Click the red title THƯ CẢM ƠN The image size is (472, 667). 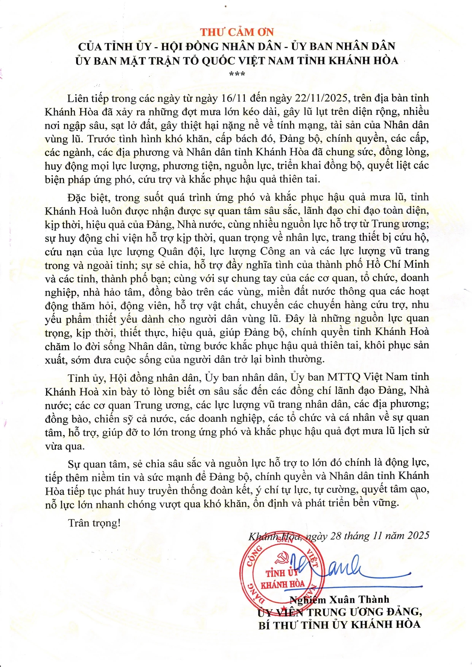pos(237,32)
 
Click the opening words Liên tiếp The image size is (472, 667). pos(88,98)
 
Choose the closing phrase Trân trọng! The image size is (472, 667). pos(94,523)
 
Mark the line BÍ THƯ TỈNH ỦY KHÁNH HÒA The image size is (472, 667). pos(339,625)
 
